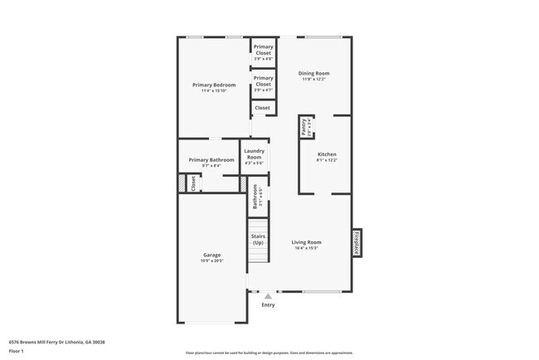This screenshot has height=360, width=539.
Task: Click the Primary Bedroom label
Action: tap(214, 85)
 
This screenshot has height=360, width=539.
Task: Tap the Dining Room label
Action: tap(313, 73)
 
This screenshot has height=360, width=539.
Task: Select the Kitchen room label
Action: tap(327, 154)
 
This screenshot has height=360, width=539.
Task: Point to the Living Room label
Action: tap(305, 241)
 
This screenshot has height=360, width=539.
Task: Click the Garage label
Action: tap(211, 255)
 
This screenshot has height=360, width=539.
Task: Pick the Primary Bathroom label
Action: tap(211, 159)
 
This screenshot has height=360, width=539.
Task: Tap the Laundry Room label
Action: tap(254, 153)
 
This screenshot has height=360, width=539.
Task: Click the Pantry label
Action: tap(304, 127)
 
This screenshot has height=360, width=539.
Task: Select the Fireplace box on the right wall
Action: tap(357, 243)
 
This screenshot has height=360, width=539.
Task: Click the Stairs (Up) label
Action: tap(258, 240)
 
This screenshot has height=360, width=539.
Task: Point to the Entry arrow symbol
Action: tap(267, 295)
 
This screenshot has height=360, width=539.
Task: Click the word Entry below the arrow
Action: tap(268, 305)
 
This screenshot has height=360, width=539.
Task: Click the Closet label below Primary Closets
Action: tap(262, 108)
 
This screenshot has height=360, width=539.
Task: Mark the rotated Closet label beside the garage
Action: tap(193, 183)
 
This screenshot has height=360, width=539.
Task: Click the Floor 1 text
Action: tap(17, 351)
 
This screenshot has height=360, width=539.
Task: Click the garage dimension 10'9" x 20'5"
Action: tap(211, 260)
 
